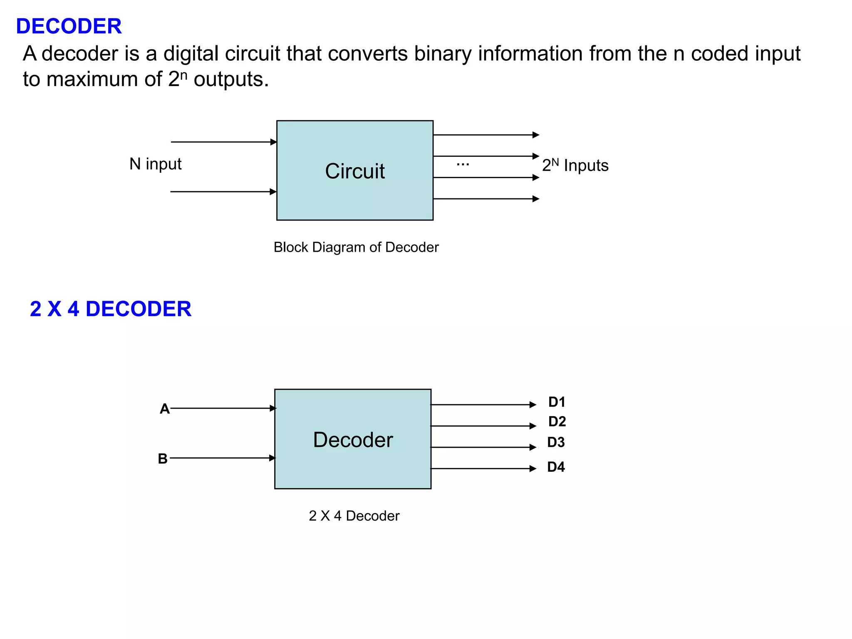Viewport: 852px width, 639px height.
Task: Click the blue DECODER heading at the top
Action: pyautogui.click(x=69, y=26)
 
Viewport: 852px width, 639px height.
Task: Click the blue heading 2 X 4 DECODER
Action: pyautogui.click(x=110, y=309)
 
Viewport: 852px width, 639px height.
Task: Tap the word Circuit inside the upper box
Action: pyautogui.click(x=354, y=171)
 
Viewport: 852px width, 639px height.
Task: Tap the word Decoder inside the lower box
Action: pyautogui.click(x=353, y=440)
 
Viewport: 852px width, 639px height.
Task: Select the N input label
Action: pyautogui.click(x=155, y=164)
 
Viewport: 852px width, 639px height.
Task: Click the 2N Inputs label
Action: pyautogui.click(x=575, y=166)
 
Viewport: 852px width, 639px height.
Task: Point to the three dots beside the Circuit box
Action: pyautogui.click(x=463, y=164)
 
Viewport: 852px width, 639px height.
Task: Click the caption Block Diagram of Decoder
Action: pyautogui.click(x=356, y=247)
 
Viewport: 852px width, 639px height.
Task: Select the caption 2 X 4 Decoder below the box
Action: pyautogui.click(x=354, y=516)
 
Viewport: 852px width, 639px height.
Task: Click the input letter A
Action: pyautogui.click(x=165, y=409)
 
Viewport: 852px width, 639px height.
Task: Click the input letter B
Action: pyautogui.click(x=163, y=459)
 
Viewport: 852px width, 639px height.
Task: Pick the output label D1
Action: pyautogui.click(x=557, y=402)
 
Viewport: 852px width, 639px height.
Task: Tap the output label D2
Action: pyautogui.click(x=557, y=421)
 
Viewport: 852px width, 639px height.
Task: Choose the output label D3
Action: pyautogui.click(x=556, y=442)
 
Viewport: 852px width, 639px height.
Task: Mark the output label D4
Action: pyautogui.click(x=556, y=467)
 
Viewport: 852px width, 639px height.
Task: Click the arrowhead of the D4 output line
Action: pyautogui.click(x=533, y=468)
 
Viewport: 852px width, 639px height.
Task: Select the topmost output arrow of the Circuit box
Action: pyautogui.click(x=485, y=135)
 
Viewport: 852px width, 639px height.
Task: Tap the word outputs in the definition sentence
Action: pyautogui.click(x=231, y=79)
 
